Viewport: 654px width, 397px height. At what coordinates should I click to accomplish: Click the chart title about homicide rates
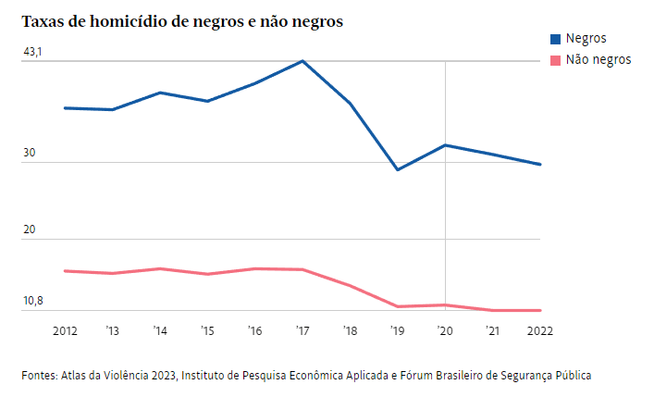tap(182, 21)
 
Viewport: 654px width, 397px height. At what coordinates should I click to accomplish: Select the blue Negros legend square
tap(555, 39)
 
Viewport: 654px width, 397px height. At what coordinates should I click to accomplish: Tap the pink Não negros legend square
tap(555, 59)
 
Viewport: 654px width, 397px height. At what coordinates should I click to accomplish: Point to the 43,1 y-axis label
tap(32, 52)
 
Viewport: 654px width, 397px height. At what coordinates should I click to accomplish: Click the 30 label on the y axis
tap(29, 154)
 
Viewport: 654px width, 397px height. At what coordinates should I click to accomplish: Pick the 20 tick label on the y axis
tap(29, 230)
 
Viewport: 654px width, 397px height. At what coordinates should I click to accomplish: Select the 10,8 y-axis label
tap(32, 301)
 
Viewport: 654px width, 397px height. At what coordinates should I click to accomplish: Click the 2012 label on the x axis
tap(65, 330)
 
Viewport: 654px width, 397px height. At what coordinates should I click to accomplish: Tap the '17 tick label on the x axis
tap(302, 330)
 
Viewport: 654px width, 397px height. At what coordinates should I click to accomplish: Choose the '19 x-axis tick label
tap(397, 330)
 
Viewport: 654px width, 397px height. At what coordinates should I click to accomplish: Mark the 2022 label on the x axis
tap(540, 330)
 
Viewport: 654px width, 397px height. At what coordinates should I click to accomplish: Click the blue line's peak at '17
tap(302, 61)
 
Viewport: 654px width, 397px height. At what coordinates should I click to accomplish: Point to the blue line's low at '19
tap(398, 170)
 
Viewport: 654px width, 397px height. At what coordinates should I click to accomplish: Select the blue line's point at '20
tap(445, 145)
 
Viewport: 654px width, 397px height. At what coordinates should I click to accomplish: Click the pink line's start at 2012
tap(65, 271)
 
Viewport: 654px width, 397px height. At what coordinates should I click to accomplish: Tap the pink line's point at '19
tap(398, 306)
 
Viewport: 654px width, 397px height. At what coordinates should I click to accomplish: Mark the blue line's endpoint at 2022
tap(540, 165)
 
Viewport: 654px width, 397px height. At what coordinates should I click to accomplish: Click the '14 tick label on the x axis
tap(160, 330)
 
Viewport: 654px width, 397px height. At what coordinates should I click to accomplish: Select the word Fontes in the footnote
tap(39, 376)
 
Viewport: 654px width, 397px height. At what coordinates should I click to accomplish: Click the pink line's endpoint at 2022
tap(540, 311)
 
